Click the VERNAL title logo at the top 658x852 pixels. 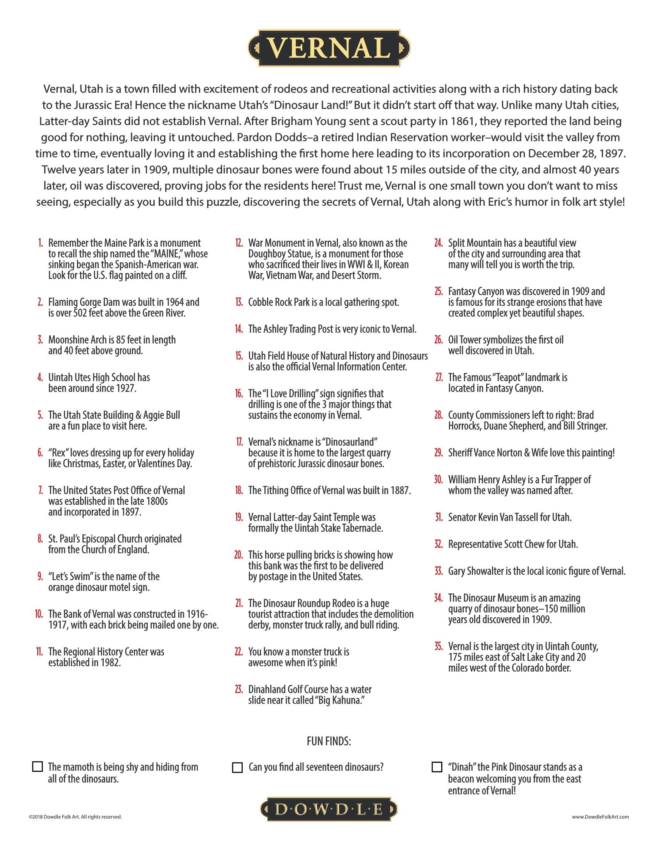pos(329,48)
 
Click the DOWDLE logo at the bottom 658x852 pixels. pos(329,810)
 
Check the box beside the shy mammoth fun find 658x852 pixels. pos(38,766)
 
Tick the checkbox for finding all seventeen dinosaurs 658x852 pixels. pos(237,767)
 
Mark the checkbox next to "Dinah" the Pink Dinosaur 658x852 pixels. pos(437,767)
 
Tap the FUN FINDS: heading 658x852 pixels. pos(329,741)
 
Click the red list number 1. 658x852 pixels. pos(41,243)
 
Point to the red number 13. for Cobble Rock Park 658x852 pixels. pos(239,302)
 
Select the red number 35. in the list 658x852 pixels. pos(439,646)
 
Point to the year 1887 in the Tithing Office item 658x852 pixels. pos(400,490)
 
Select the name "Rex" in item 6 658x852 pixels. pos(58,453)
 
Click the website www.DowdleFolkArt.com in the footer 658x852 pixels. pos(600,817)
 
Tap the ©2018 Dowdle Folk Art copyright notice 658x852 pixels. pos(75,817)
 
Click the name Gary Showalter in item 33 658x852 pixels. pos(475,571)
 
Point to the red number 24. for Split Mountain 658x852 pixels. pos(439,243)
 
